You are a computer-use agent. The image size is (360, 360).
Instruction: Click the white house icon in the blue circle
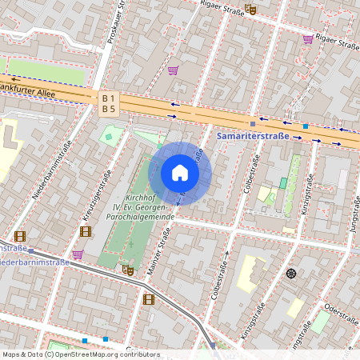pos(180,173)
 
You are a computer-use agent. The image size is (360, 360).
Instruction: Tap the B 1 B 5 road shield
pos(109,103)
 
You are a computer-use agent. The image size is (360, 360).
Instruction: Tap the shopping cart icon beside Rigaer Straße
pos(308,38)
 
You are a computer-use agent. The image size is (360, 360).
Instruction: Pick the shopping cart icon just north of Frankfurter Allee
pos(172,70)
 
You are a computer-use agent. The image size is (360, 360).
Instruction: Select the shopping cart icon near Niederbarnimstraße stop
pos(78,254)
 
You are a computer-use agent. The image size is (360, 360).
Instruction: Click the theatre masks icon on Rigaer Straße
pos(250,10)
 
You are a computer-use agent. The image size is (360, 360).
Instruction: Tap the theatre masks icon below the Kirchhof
pos(126,270)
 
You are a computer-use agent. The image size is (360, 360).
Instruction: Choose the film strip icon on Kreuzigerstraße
pos(86,232)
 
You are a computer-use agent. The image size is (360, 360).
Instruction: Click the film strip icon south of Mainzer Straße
pos(147,299)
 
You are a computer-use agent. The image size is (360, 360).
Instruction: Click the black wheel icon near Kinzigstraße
pos(291,274)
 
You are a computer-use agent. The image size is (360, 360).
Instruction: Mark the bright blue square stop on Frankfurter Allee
pos(305,126)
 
